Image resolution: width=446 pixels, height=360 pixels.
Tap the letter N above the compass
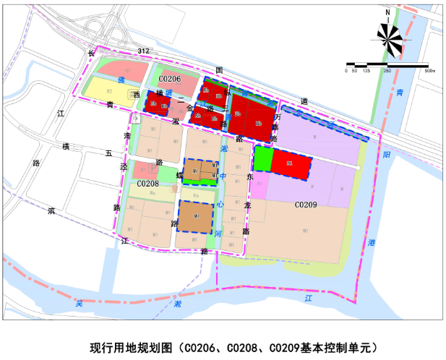pyautogui.click(x=388, y=12)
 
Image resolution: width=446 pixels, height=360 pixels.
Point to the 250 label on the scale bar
pyautogui.click(x=387, y=71)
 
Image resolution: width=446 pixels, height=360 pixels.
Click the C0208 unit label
pyautogui.click(x=148, y=184)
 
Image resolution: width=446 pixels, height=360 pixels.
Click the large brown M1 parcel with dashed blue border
pyautogui.click(x=197, y=216)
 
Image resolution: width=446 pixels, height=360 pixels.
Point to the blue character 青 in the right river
pyautogui.click(x=398, y=92)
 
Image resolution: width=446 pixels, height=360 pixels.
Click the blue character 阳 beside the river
pyautogui.click(x=387, y=155)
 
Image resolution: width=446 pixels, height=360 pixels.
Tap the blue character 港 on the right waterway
pyautogui.click(x=371, y=242)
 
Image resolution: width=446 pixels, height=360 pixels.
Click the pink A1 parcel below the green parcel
pyautogui.click(x=259, y=185)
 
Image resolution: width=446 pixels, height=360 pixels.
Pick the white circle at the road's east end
pyautogui.click(x=358, y=168)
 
